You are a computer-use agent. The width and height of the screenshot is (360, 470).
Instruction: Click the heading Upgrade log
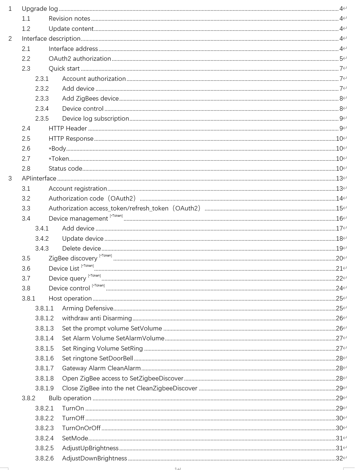pos(40,9)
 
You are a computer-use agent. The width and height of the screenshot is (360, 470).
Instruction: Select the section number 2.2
pos(26,59)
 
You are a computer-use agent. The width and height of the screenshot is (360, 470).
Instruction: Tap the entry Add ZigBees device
pos(90,98)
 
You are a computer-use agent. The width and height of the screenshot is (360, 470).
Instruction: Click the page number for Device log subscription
pos(341,119)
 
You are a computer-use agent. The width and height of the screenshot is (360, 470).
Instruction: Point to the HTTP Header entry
pos(68,128)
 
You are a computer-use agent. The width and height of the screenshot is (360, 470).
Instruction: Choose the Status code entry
pos(65,169)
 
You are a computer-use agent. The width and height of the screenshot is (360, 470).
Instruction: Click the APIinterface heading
pos(39,178)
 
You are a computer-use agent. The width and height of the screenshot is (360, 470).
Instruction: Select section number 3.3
pos(26,208)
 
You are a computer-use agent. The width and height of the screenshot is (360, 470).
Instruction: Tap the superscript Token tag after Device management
pos(116,216)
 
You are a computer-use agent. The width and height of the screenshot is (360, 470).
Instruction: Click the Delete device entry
pos(81,248)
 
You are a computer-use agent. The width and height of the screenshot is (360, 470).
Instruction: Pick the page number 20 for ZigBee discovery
pos(339,258)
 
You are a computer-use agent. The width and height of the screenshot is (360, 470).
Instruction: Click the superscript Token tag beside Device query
pos(94,276)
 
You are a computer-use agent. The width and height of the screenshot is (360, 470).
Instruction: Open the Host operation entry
pos(70,298)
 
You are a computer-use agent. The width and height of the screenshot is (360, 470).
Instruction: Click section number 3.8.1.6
pos(44,358)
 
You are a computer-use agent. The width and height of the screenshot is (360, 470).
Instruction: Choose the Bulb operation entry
pos(70,398)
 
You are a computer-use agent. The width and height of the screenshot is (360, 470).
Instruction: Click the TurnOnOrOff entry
pos(81,428)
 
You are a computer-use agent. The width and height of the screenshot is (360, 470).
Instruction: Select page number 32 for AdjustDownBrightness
pos(339,458)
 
